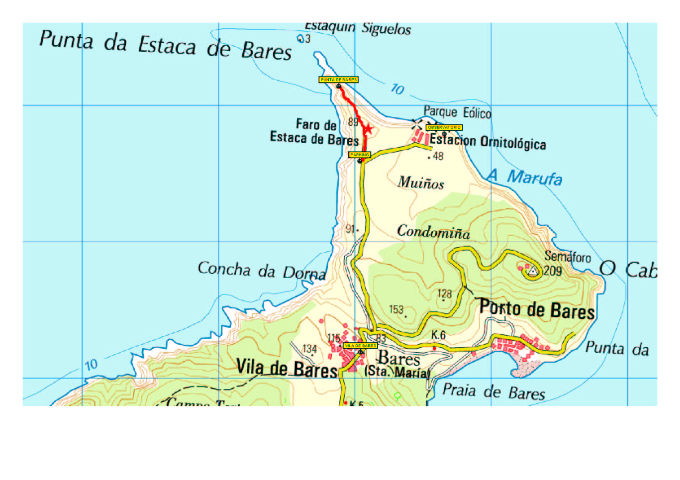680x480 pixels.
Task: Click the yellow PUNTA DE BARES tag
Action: pos(338,80)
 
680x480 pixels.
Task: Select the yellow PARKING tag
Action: pos(359,155)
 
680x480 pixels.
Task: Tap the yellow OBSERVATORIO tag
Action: pos(444,128)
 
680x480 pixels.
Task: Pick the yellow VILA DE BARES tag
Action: pos(360,346)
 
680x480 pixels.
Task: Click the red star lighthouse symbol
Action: pos(368,129)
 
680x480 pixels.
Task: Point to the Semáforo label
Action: pos(567,256)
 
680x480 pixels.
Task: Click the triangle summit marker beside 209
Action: pos(533,271)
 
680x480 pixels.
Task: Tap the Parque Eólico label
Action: pos(457,112)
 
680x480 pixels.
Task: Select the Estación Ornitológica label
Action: pos(488,141)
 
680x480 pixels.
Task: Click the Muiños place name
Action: pos(421,183)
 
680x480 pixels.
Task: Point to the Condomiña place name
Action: pos(433,231)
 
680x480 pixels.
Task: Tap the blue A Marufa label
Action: pos(525,177)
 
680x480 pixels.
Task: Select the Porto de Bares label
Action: pos(537,310)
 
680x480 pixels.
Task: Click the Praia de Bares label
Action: pos(493,391)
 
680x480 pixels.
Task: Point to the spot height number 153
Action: pos(396,310)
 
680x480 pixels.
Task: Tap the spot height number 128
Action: pos(445,293)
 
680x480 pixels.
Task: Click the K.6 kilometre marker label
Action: pos(438,335)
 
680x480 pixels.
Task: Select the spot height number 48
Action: pos(438,156)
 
